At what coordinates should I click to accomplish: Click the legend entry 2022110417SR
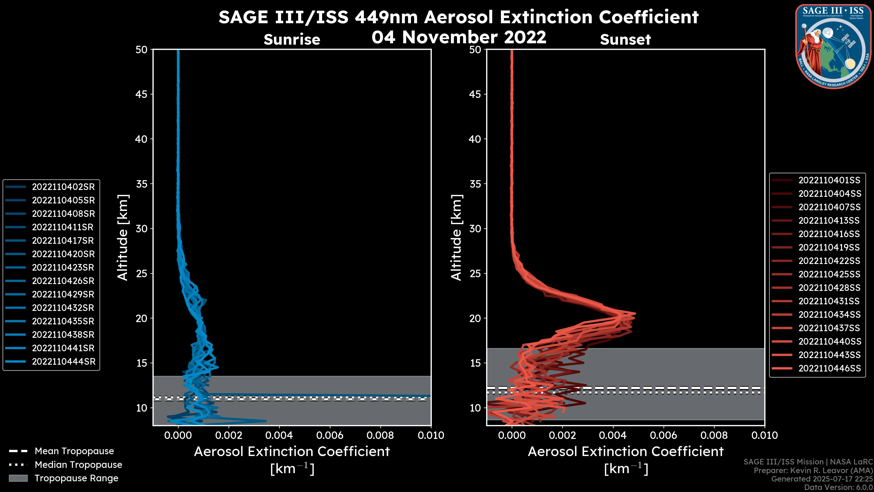click(x=63, y=240)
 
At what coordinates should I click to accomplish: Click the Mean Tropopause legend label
click(x=74, y=451)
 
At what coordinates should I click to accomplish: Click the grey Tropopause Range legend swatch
click(x=18, y=478)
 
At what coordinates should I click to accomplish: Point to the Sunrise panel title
click(x=292, y=39)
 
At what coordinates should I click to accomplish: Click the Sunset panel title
click(x=625, y=39)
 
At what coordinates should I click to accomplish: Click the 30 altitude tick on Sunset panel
click(x=475, y=228)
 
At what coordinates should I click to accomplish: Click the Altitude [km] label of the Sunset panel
click(x=456, y=238)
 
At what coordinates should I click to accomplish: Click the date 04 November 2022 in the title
click(x=459, y=37)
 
